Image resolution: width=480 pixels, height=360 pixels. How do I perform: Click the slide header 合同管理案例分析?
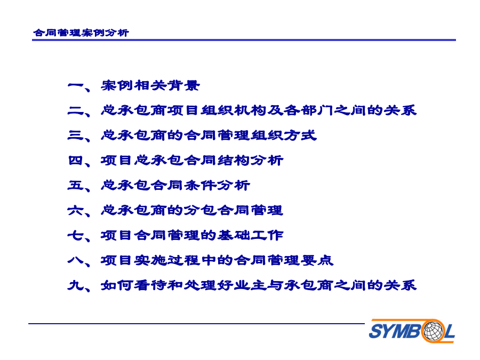81,33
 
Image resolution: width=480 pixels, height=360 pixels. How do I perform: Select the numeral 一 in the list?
75,85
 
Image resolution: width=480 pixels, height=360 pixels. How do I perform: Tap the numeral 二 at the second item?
75,110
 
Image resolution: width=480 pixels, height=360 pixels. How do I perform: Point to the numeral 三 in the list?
75,135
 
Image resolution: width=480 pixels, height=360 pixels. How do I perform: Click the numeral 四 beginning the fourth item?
75,161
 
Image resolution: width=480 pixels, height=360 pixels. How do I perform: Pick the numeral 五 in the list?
75,185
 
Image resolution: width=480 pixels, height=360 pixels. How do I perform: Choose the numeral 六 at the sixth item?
75,210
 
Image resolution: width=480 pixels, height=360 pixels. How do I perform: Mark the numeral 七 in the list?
75,235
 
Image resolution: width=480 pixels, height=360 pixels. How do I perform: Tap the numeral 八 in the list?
75,260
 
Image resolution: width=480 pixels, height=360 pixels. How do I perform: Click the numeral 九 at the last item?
75,285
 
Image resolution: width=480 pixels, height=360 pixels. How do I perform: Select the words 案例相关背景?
150,85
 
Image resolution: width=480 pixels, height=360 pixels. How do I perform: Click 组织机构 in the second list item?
234,110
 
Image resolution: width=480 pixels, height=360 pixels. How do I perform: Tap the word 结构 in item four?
234,161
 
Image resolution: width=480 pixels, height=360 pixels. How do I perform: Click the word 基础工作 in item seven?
250,235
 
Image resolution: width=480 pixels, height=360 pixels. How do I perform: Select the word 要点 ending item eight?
317,260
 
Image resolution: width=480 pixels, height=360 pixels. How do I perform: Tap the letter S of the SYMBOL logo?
375,331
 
